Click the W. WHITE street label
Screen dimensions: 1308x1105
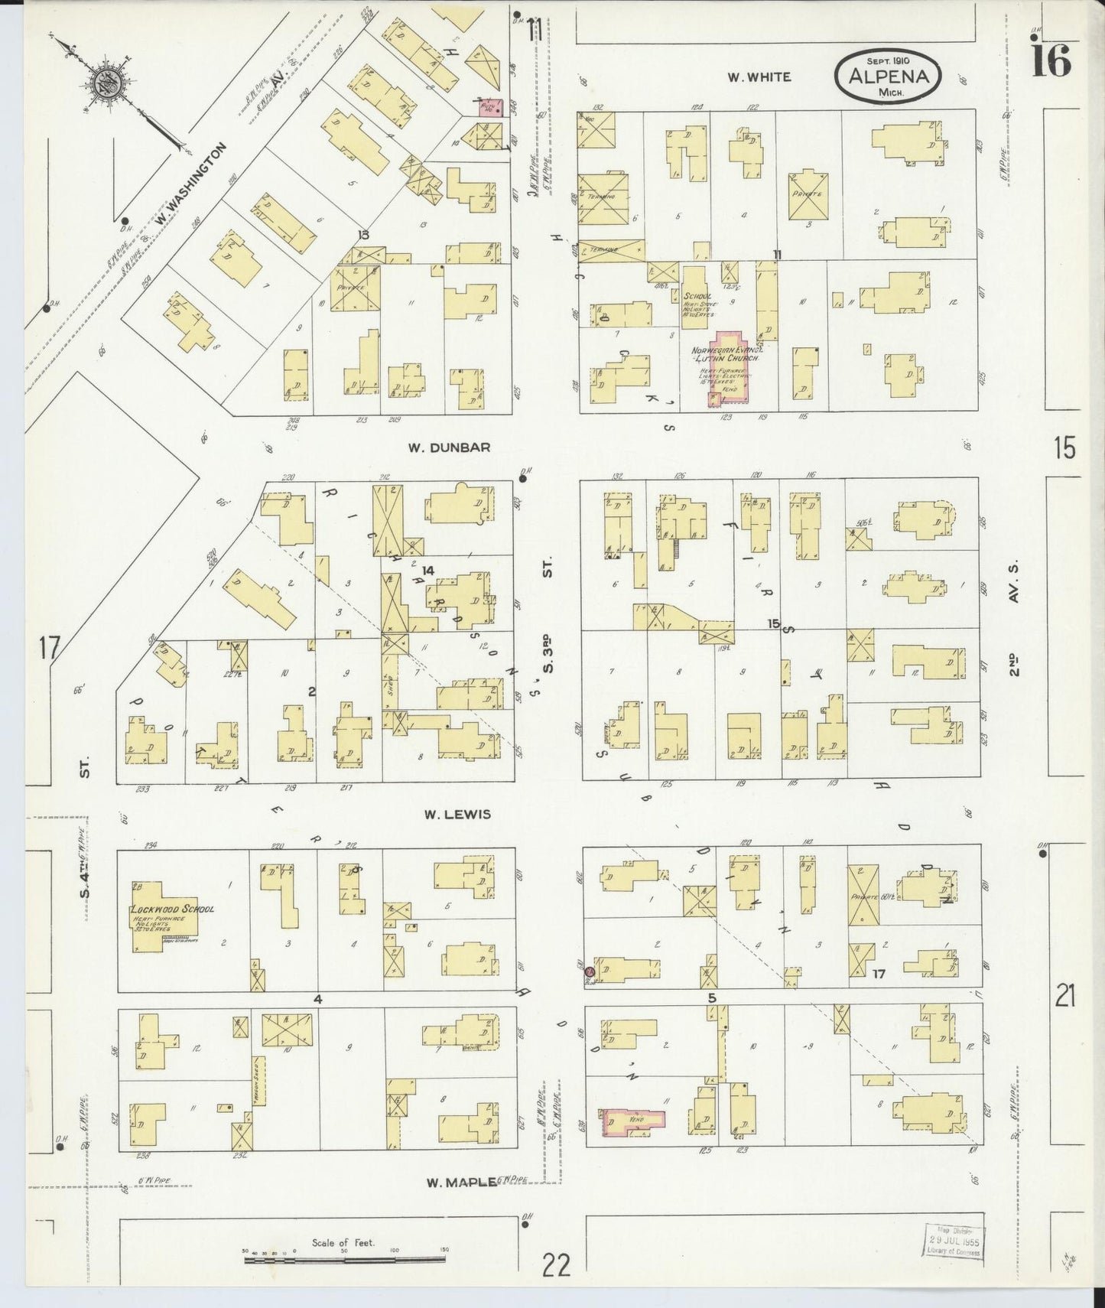[x=759, y=76]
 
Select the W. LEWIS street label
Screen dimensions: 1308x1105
[x=457, y=815]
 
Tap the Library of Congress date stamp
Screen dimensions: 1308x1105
[x=953, y=1241]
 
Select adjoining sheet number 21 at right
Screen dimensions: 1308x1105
[x=1065, y=997]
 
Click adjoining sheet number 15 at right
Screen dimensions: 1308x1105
[x=1064, y=447]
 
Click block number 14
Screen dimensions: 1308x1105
[x=427, y=570]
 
